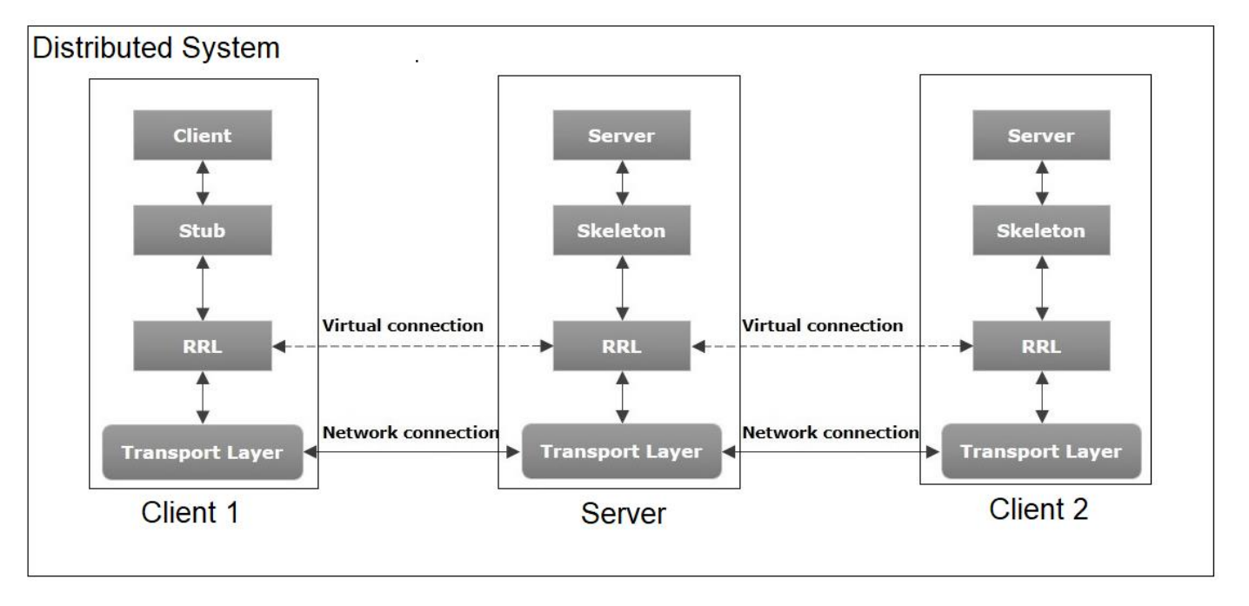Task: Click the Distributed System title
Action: coord(157,49)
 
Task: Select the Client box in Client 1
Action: coord(204,137)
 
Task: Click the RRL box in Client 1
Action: coord(204,346)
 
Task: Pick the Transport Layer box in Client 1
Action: coord(203,452)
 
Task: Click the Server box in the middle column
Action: coord(621,137)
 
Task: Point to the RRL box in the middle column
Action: coord(621,346)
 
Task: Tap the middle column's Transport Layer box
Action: coord(621,452)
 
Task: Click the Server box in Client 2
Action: coord(1041,137)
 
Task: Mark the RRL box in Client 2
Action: coord(1041,346)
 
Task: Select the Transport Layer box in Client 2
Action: coord(1041,452)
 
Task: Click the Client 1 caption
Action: coord(190,513)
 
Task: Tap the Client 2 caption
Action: coord(1038,509)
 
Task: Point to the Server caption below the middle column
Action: coord(623,514)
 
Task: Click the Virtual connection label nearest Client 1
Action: coord(403,327)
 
